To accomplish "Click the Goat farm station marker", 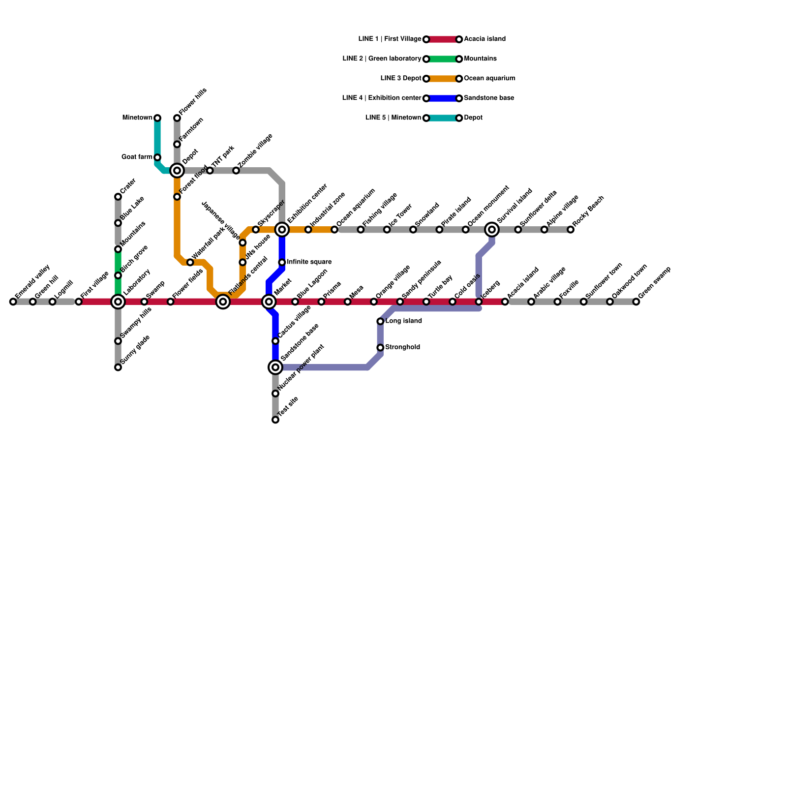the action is [x=157, y=157].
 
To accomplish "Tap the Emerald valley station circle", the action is [x=13, y=302].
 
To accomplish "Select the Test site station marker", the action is [x=275, y=420].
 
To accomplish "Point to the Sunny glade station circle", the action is [x=118, y=367].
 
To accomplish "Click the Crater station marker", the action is [x=118, y=197].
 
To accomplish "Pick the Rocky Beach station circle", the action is [x=571, y=230].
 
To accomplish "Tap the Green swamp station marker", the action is [x=636, y=302].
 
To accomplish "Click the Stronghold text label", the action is [x=402, y=347].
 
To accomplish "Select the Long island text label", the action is [x=403, y=321].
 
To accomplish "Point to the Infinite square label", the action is [x=309, y=262].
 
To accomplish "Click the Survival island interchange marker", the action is [x=492, y=230].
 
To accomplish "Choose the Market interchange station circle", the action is [x=269, y=302].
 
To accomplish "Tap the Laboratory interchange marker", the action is [x=118, y=302].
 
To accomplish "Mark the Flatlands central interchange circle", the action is [x=223, y=302].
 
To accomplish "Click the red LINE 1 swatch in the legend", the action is [x=443, y=39].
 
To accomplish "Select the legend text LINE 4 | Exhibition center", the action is [x=381, y=98].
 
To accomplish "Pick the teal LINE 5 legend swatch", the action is [x=443, y=118].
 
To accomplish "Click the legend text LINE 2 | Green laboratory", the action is [x=382, y=59].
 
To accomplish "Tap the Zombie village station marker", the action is [x=236, y=171].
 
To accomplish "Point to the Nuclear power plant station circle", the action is [x=275, y=393].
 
